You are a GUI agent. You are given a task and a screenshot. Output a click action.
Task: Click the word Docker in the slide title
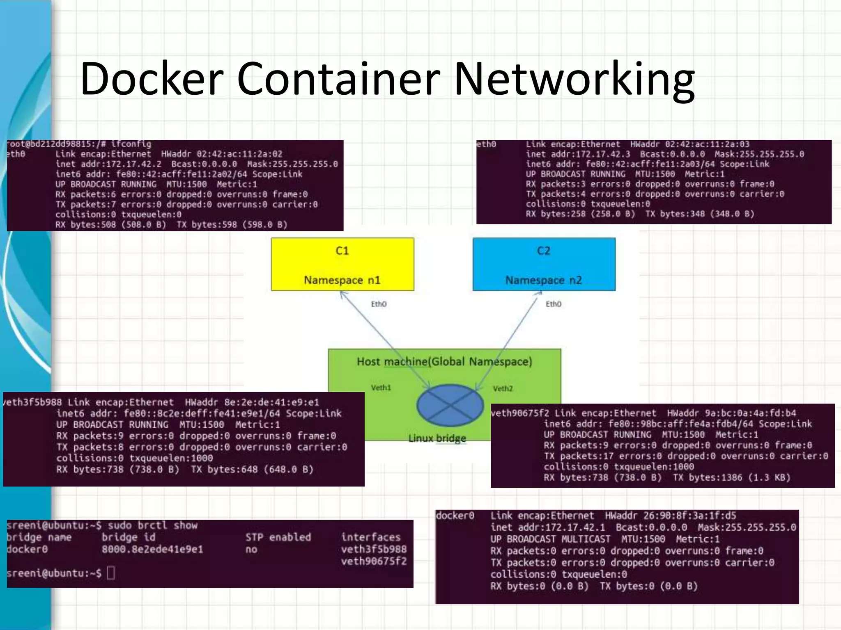(152, 79)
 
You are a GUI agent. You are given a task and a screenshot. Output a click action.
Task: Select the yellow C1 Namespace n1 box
(342, 265)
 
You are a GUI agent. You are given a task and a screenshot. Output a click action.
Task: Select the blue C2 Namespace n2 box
(544, 265)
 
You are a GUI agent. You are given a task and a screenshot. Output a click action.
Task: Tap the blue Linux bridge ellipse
(450, 405)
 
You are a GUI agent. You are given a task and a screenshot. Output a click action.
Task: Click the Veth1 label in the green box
(381, 388)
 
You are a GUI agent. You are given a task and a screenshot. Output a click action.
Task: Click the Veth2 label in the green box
(503, 388)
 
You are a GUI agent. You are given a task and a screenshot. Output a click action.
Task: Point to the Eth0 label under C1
(379, 304)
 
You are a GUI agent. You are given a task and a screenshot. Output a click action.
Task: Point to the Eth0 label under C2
(553, 304)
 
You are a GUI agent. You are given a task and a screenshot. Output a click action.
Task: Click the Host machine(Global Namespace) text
(444, 361)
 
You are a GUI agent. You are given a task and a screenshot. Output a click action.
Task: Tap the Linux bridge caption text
(437, 438)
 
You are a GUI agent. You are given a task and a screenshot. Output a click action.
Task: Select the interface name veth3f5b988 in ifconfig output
(33, 402)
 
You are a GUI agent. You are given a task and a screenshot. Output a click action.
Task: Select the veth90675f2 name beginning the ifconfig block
(519, 413)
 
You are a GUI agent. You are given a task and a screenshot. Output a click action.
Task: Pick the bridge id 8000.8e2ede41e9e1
(152, 549)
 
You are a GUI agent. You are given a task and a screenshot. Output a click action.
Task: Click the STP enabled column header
(278, 537)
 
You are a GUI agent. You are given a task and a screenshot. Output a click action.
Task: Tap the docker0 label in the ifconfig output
(455, 516)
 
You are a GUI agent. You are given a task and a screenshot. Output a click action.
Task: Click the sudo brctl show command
(152, 525)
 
